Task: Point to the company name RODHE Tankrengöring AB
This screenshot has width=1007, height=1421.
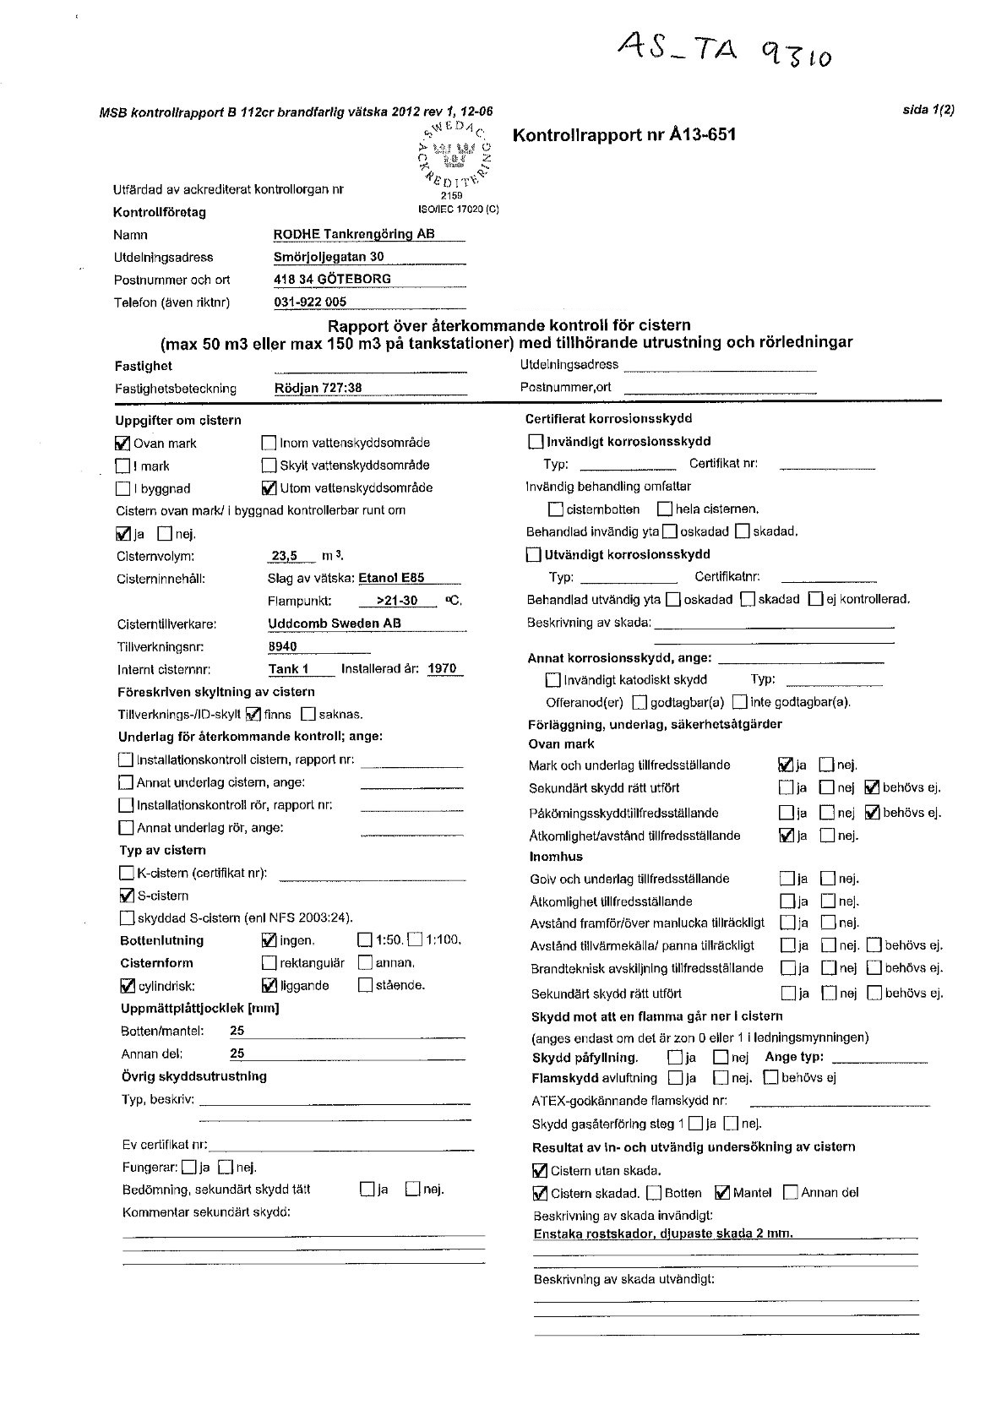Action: click(x=354, y=234)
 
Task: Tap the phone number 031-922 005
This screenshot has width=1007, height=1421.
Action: click(x=310, y=302)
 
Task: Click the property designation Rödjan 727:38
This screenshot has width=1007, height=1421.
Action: click(x=318, y=389)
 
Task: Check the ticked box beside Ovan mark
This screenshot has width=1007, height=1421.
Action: click(x=122, y=443)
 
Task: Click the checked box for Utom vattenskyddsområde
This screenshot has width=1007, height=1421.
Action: click(x=269, y=487)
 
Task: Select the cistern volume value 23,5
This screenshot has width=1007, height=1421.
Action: click(x=284, y=556)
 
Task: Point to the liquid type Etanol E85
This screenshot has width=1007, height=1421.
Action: click(x=391, y=579)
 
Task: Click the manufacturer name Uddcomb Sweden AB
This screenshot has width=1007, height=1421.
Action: click(x=335, y=623)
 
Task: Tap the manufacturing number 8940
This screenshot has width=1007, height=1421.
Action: click(x=282, y=646)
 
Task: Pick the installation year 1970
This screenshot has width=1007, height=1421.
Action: click(x=442, y=669)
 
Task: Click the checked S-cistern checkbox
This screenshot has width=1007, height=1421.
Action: click(x=127, y=896)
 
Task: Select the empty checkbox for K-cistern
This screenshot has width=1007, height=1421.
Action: click(x=127, y=873)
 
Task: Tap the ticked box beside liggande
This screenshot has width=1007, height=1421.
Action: click(x=269, y=985)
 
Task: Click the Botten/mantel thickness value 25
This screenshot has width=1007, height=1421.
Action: click(x=237, y=1031)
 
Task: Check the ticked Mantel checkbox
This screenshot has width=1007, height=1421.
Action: click(x=722, y=1193)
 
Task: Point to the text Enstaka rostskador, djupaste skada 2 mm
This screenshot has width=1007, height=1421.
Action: click(x=663, y=1233)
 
